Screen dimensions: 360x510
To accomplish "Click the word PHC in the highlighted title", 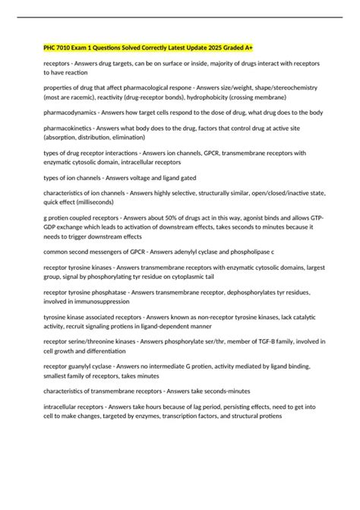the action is [x=51, y=48].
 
